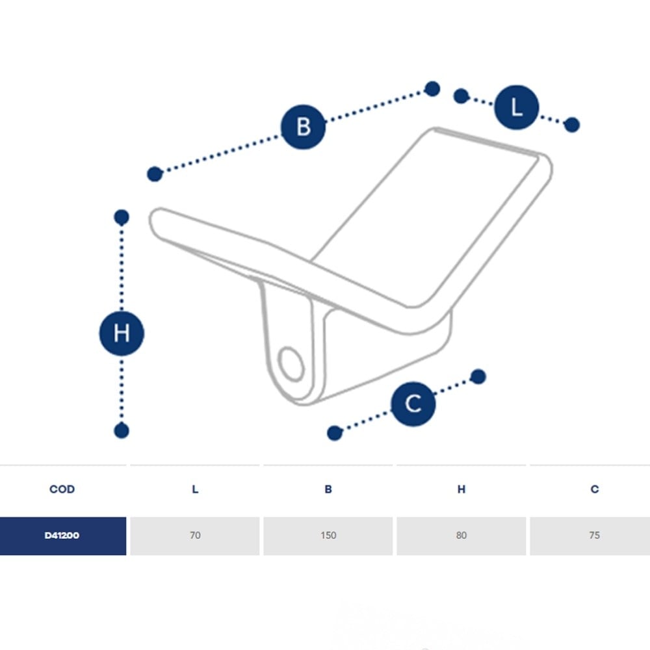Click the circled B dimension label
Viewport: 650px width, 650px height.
coord(303,127)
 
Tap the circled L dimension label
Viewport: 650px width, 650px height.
coord(517,107)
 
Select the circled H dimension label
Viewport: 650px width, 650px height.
coord(122,333)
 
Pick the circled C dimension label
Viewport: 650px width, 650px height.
coord(413,404)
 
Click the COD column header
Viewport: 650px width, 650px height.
coord(62,489)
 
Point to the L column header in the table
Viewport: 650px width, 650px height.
coord(195,489)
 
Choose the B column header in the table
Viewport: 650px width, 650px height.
coord(328,489)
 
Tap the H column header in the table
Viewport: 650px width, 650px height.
coord(461,489)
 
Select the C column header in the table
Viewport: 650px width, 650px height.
coord(595,489)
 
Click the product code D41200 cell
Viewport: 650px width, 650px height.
coord(62,536)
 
